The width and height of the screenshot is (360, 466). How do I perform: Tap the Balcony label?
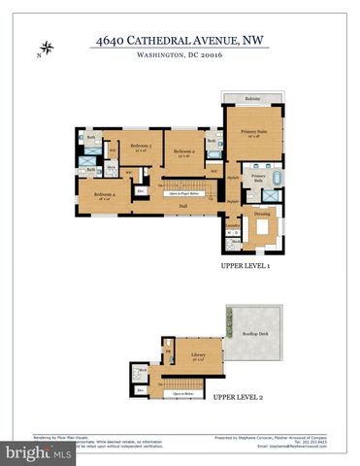pos(252,99)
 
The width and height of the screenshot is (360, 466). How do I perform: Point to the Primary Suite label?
pos(254,132)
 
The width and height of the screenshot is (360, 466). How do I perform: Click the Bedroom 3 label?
pos(141,147)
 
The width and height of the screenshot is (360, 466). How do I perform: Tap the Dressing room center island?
pos(262,228)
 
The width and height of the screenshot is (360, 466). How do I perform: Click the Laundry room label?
pos(233,225)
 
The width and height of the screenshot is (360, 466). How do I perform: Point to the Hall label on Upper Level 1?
pos(181,206)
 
